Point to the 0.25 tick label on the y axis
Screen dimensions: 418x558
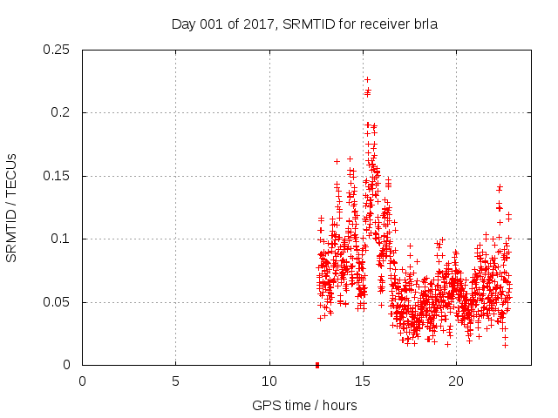(x=58, y=50)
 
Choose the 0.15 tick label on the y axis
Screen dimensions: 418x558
(x=58, y=176)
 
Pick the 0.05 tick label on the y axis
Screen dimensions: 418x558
(x=58, y=302)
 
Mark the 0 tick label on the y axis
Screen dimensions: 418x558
(x=68, y=365)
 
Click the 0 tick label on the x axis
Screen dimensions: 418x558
(x=82, y=381)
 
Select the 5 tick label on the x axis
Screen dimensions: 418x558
(x=175, y=381)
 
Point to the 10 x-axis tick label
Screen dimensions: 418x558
(x=269, y=381)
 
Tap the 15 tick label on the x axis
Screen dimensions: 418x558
(x=362, y=381)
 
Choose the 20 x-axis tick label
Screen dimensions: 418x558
(x=455, y=381)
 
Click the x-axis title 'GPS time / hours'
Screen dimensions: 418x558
(x=304, y=405)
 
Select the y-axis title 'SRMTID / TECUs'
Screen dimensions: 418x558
(x=12, y=207)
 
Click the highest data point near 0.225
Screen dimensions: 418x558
(x=367, y=79)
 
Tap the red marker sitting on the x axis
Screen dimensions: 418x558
(x=316, y=365)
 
